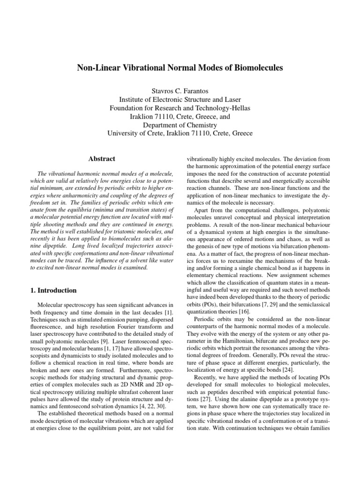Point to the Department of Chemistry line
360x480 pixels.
(180, 125)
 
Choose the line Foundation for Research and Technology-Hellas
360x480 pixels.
(180, 108)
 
